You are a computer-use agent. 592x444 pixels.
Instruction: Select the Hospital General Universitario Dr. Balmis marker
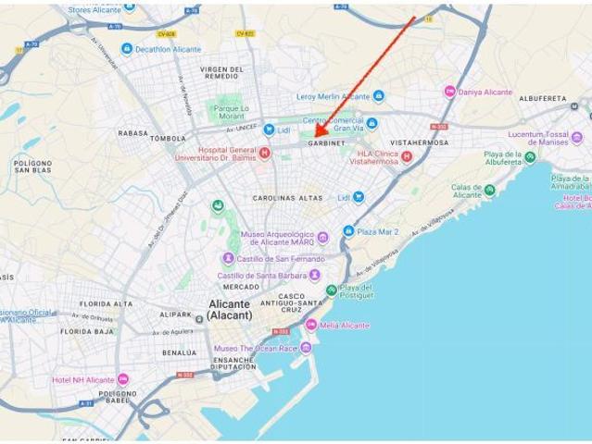click(x=265, y=153)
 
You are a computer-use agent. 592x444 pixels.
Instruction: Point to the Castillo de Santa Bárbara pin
click(x=314, y=275)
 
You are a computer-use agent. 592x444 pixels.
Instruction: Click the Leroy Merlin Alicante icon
click(x=378, y=95)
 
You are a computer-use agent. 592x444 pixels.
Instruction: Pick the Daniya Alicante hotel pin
click(x=449, y=92)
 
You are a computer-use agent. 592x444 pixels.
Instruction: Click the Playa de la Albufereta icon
click(x=530, y=157)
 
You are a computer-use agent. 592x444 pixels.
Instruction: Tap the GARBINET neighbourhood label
click(x=326, y=143)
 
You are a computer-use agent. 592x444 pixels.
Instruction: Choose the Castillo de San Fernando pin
click(x=228, y=258)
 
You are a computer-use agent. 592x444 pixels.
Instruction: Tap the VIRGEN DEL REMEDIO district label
click(x=223, y=74)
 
